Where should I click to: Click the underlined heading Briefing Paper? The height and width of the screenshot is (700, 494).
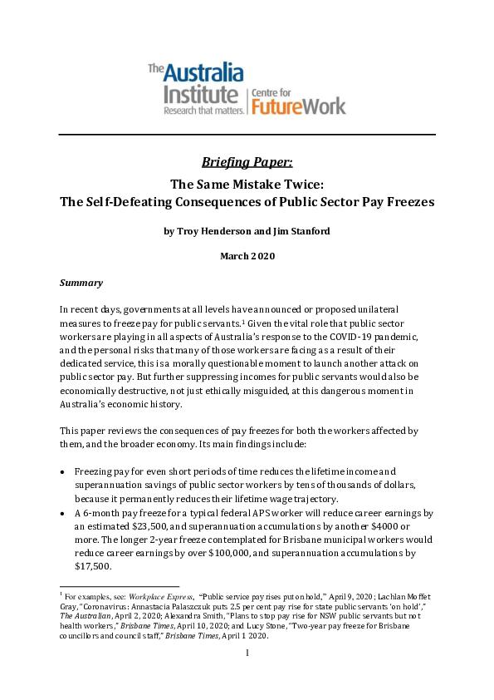point(247,161)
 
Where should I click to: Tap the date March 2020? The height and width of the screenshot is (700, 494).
point(247,256)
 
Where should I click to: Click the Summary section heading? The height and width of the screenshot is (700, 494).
point(81,283)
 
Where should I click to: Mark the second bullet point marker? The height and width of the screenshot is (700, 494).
point(64,515)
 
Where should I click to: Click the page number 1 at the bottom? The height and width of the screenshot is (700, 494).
point(247,654)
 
